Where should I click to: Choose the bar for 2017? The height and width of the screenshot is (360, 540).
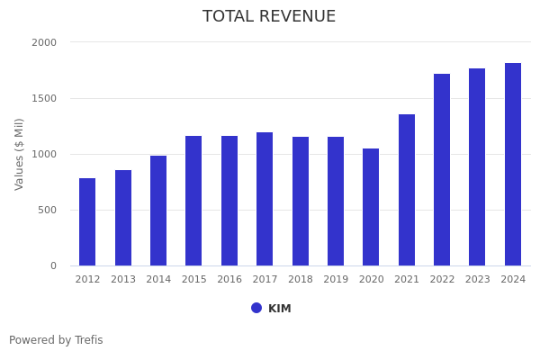(265, 199)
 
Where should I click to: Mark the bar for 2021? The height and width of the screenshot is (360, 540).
(407, 190)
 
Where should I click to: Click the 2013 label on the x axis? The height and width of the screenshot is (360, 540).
(123, 280)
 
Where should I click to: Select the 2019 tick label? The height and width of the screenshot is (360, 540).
(336, 280)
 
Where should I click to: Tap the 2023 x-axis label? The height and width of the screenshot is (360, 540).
(478, 280)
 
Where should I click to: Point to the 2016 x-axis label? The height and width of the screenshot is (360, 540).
(229, 280)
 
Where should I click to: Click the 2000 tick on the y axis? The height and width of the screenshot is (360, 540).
(44, 42)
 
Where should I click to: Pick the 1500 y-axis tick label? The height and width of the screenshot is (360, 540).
(44, 98)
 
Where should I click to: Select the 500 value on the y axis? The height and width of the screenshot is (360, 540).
(47, 210)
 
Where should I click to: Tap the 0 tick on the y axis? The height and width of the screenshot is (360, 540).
(53, 265)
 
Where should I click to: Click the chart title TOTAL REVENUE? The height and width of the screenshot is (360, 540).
(269, 17)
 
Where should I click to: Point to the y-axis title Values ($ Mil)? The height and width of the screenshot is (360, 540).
(20, 154)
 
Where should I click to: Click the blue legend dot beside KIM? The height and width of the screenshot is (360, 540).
(256, 308)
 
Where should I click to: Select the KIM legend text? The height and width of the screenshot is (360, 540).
(280, 309)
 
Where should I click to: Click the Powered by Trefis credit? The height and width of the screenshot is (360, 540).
(56, 340)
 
